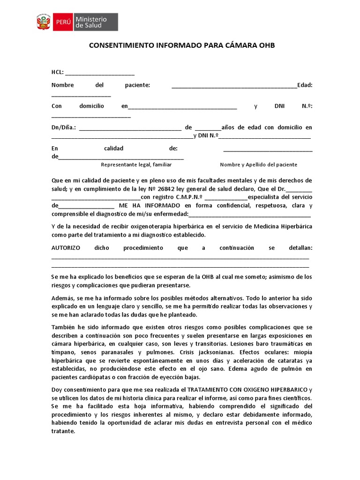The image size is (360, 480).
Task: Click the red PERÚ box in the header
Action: click(63, 22)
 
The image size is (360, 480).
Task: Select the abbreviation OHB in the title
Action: click(266, 45)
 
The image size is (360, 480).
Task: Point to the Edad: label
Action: click(305, 85)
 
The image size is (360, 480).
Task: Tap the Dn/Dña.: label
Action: click(64, 127)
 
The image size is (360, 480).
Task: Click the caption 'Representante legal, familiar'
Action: click(136, 165)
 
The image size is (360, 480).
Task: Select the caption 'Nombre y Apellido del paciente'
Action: click(258, 165)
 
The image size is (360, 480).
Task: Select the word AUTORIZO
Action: click(66, 247)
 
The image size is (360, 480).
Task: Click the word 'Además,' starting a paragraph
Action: click(63, 298)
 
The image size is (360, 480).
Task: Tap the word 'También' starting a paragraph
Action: click(63, 327)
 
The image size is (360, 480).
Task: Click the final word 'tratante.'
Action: click(63, 431)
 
